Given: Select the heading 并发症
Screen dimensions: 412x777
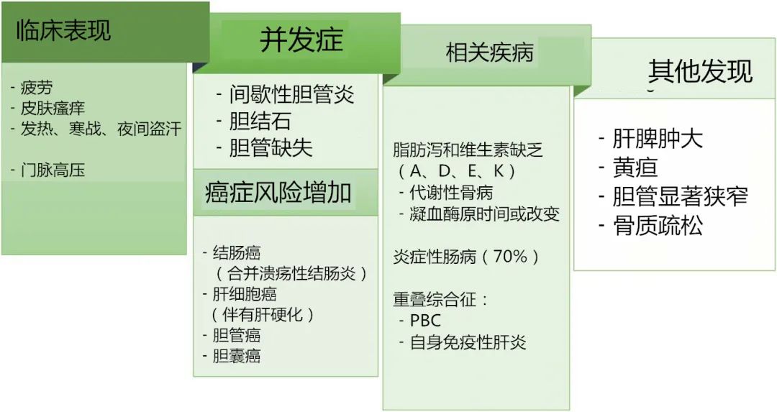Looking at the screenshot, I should pyautogui.click(x=301, y=40).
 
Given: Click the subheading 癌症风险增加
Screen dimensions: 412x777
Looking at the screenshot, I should pyautogui.click(x=278, y=193).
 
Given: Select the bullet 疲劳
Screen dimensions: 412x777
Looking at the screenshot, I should pyautogui.click(x=36, y=88).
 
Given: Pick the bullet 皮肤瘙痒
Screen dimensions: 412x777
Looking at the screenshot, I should pyautogui.click(x=52, y=109).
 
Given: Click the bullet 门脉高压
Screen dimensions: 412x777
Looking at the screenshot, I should pyautogui.click(x=52, y=170).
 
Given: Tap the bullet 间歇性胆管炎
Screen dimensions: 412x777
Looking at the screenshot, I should pyautogui.click(x=292, y=94).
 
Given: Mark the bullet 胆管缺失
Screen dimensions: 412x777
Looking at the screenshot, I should pyautogui.click(x=271, y=147).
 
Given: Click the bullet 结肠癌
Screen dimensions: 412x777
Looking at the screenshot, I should pyautogui.click(x=237, y=253).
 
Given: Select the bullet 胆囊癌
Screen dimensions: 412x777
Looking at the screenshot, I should pyautogui.click(x=237, y=355).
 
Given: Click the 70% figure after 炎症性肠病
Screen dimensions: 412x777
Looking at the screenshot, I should pyautogui.click(x=511, y=257).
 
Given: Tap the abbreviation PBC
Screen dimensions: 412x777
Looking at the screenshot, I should pyautogui.click(x=425, y=321).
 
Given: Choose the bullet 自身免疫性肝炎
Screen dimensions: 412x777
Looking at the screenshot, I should pyautogui.click(x=468, y=342).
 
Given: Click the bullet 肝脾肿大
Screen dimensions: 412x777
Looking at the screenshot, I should pyautogui.click(x=657, y=139).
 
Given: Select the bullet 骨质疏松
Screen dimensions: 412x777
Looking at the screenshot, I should pyautogui.click(x=657, y=226).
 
